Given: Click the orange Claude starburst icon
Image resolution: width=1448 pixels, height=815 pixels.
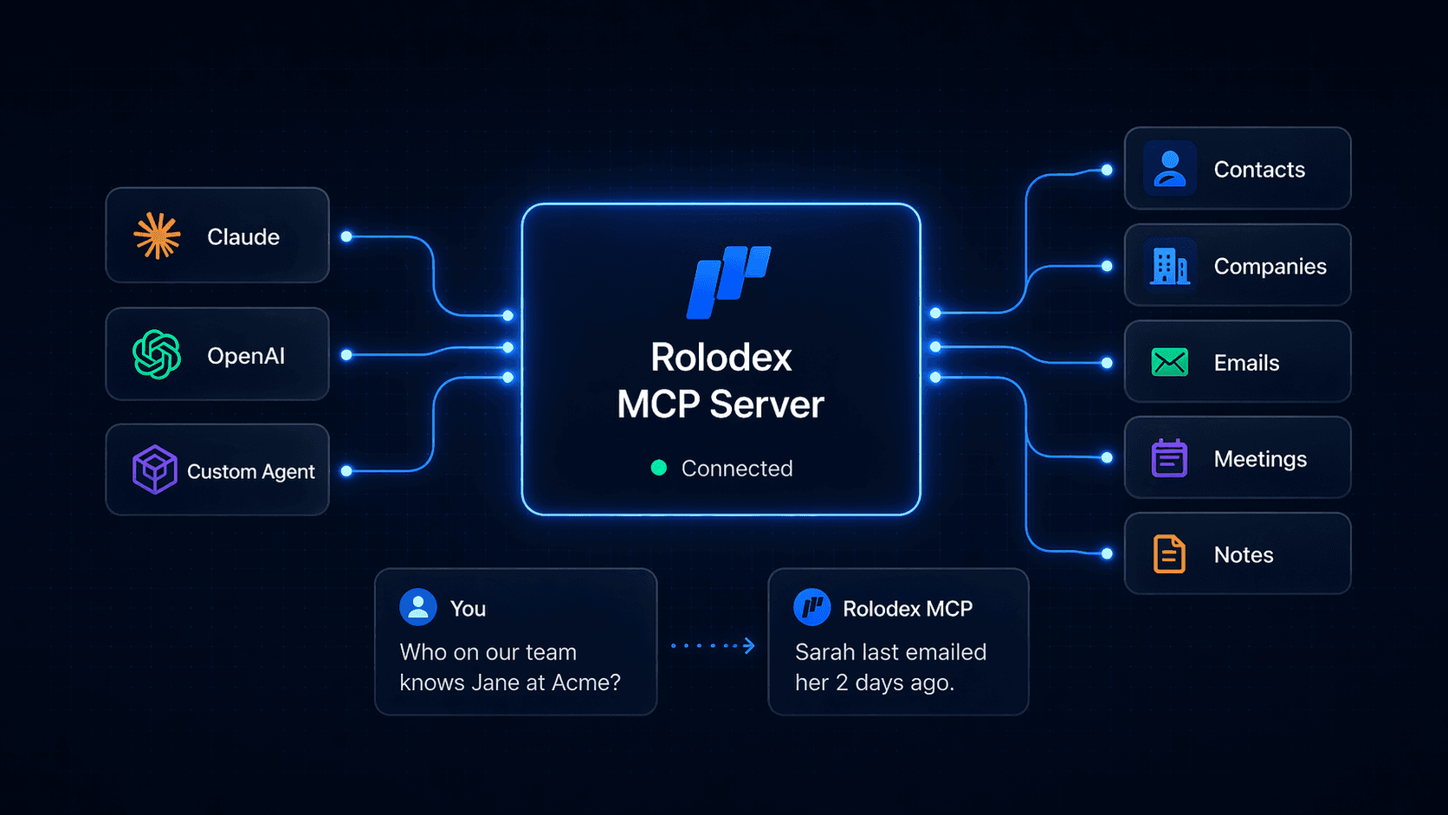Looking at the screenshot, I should [x=157, y=236].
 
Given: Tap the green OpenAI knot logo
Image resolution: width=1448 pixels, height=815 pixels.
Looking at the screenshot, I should [x=157, y=354].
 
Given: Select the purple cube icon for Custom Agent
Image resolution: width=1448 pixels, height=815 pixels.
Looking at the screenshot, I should [x=155, y=469].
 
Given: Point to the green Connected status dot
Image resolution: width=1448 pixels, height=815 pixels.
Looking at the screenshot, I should [x=659, y=468].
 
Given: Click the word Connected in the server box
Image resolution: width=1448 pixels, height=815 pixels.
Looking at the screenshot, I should [x=737, y=469].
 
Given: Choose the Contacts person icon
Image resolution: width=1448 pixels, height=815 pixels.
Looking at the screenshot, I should [x=1169, y=169].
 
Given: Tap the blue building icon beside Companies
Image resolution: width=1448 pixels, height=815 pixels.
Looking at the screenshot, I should [x=1169, y=266].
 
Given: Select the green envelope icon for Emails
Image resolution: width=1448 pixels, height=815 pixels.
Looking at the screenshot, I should [x=1169, y=362].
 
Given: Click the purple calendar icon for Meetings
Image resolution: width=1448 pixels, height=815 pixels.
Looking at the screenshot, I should [x=1169, y=458].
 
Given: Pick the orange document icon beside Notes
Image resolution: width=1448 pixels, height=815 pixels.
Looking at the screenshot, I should [x=1169, y=554].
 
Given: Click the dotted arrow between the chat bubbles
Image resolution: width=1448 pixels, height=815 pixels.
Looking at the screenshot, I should [x=713, y=645].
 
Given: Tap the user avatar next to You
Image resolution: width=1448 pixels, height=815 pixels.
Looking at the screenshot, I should [x=417, y=607].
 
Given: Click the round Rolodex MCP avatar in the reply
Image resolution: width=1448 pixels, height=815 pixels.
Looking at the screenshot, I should [x=811, y=607].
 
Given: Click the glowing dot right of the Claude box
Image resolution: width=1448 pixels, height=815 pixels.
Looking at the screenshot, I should [x=346, y=236].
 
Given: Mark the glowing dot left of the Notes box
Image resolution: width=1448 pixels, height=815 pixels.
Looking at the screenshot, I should [x=1107, y=553].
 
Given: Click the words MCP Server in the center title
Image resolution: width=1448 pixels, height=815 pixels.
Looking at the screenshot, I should [x=721, y=404].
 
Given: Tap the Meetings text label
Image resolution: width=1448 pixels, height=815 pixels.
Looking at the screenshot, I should [x=1260, y=459].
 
